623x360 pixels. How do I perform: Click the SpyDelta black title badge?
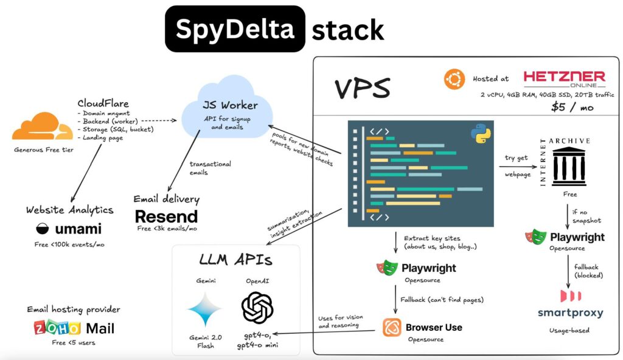point(235,29)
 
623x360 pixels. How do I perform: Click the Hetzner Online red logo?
point(564,80)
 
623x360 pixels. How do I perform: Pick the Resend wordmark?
point(166,216)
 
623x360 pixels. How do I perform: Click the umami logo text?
point(69,229)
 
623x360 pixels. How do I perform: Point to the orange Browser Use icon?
point(392,328)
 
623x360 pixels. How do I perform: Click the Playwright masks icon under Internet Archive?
point(536,237)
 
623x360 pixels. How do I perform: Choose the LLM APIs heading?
point(235,261)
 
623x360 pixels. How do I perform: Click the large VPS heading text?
point(363,89)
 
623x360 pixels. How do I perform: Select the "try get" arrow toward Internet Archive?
point(514,166)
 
